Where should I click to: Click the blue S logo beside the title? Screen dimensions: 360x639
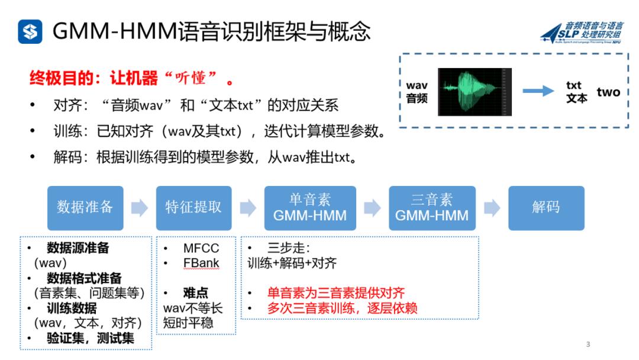pyautogui.click(x=30, y=31)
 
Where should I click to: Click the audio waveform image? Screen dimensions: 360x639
pyautogui.click(x=475, y=92)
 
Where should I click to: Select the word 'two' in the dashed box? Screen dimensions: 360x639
pyautogui.click(x=608, y=92)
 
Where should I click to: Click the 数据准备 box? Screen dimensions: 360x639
pyautogui.click(x=85, y=207)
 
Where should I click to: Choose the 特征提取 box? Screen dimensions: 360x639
pyautogui.click(x=193, y=207)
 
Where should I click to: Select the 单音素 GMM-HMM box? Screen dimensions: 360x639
pyautogui.click(x=310, y=207)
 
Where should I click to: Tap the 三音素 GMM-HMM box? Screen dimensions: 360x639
pyautogui.click(x=432, y=207)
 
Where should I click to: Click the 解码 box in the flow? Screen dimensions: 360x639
pyautogui.click(x=546, y=207)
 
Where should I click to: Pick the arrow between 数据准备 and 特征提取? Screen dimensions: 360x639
pyautogui.click(x=139, y=207)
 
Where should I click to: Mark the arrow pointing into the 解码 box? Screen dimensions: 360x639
pyautogui.click(x=492, y=207)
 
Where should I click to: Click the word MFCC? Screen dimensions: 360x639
pyautogui.click(x=201, y=248)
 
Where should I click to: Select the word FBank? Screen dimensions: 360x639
pyautogui.click(x=201, y=263)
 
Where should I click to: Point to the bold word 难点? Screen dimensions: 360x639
pyautogui.click(x=195, y=293)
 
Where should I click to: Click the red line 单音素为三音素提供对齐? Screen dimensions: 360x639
pyautogui.click(x=336, y=293)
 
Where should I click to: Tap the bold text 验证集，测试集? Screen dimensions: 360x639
pyautogui.click(x=91, y=338)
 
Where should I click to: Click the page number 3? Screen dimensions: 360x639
pyautogui.click(x=588, y=345)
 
